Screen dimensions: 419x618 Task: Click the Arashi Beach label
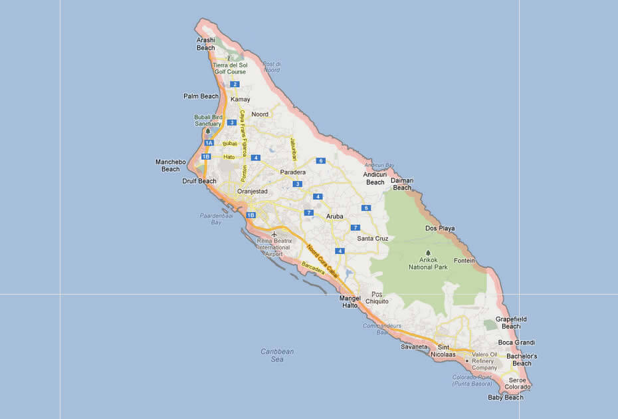[x=206, y=44]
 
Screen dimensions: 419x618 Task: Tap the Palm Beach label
[x=201, y=96]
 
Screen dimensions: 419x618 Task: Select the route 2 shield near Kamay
[x=235, y=84]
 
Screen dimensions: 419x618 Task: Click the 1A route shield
[x=209, y=143]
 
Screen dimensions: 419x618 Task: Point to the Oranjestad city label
[x=253, y=192]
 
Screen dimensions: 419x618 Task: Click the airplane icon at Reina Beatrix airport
[x=274, y=234]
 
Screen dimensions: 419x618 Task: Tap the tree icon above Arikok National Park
[x=428, y=253]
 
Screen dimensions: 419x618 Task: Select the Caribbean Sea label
[x=277, y=355]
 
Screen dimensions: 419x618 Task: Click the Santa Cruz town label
[x=373, y=238]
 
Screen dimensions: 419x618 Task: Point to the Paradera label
[x=293, y=172]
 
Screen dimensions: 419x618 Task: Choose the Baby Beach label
[x=506, y=398]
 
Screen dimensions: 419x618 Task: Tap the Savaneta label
[x=415, y=347]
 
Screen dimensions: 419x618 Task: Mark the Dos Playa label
[x=440, y=229]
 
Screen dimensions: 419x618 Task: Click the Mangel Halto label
[x=350, y=301]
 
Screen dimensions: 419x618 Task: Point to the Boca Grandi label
[x=516, y=343]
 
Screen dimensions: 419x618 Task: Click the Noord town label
[x=260, y=114]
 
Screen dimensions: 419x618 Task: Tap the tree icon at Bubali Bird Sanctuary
[x=207, y=131]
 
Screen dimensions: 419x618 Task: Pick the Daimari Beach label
[x=402, y=184]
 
